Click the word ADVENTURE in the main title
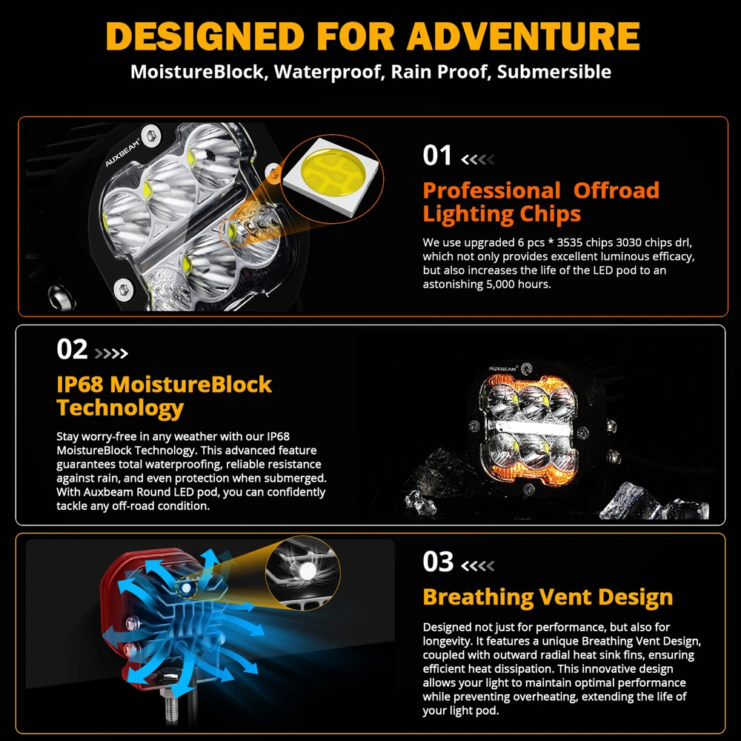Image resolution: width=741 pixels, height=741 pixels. tap(523, 36)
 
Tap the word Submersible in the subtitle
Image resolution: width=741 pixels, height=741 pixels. tap(554, 72)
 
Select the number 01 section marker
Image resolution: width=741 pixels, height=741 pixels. tap(437, 156)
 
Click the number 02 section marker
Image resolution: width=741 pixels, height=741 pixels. tap(72, 349)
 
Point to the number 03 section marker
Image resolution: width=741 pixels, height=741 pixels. tap(438, 562)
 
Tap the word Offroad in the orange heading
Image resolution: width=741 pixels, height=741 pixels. tap(617, 190)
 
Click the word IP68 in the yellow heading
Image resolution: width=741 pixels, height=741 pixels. tap(80, 384)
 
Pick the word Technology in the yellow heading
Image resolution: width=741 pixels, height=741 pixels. tap(120, 408)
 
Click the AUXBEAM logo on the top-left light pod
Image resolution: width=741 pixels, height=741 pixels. tap(122, 152)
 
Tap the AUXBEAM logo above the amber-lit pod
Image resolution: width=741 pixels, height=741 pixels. tap(503, 368)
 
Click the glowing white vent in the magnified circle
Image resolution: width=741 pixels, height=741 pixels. tap(308, 571)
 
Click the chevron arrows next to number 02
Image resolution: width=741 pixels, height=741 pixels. tap(112, 353)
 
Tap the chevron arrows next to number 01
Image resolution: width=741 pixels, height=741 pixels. tap(478, 159)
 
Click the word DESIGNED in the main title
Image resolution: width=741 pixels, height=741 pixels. tap(205, 36)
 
